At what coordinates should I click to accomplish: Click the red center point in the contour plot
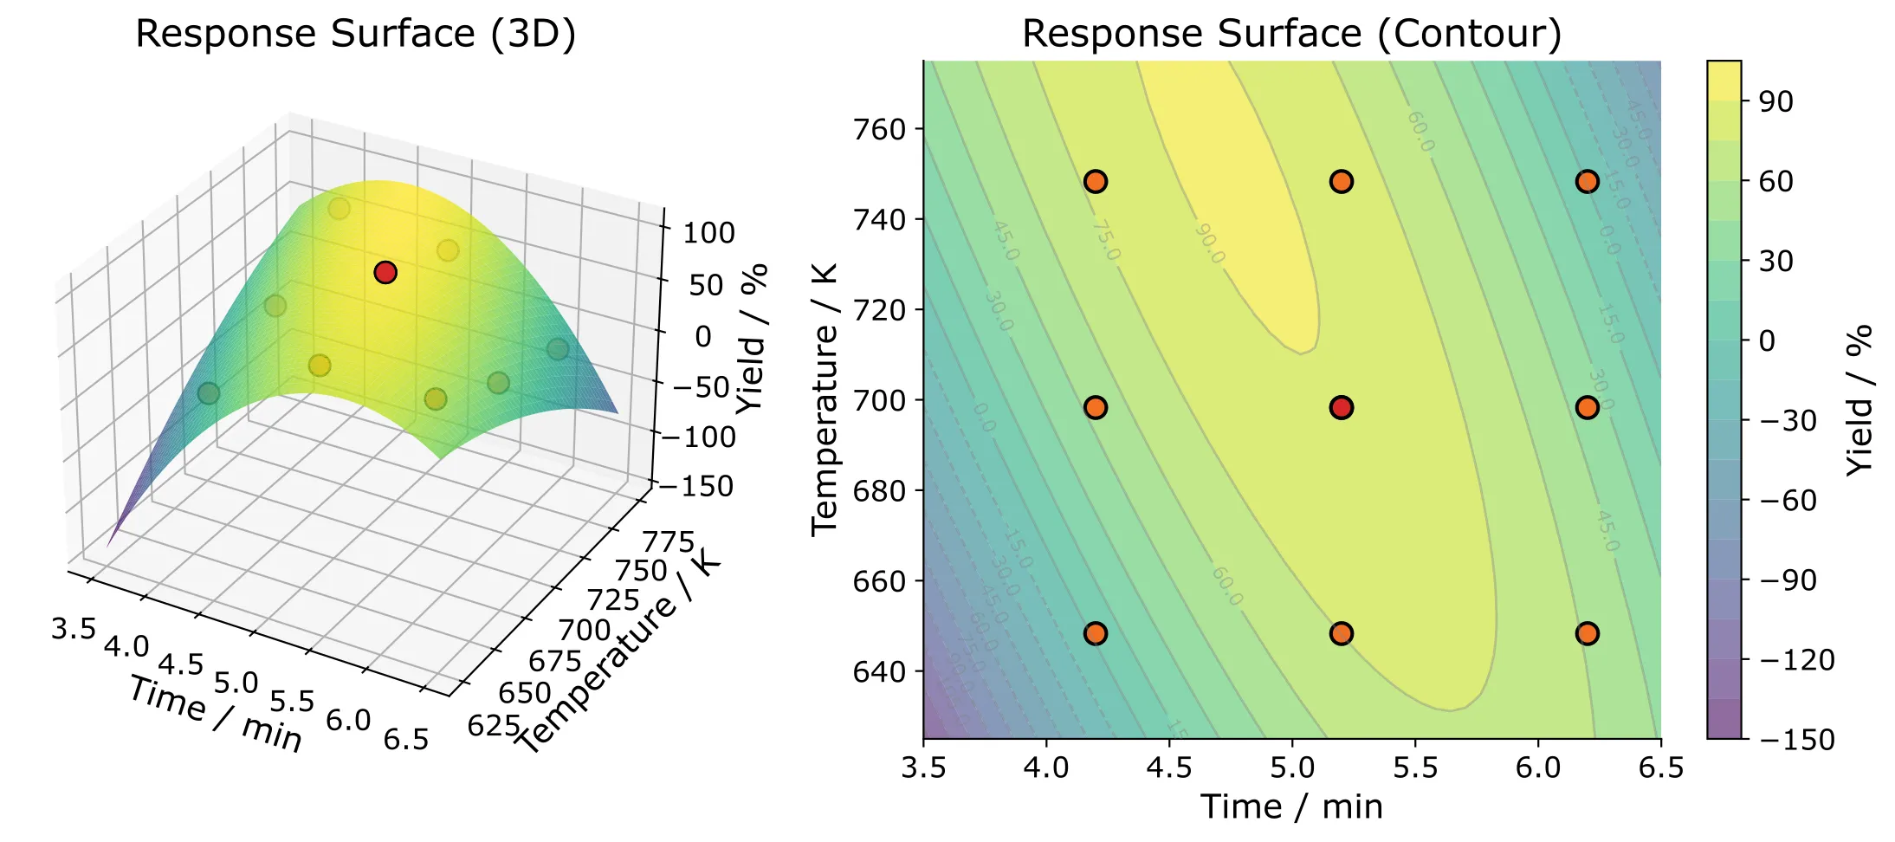click(x=1341, y=407)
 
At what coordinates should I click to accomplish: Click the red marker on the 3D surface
click(x=385, y=273)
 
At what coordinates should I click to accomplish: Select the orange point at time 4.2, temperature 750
click(x=1095, y=181)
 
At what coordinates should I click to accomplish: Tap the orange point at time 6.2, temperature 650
click(x=1587, y=633)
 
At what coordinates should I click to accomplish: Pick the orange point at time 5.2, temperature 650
click(x=1341, y=633)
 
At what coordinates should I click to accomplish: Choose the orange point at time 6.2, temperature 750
click(x=1587, y=181)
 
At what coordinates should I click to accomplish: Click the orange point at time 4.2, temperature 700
click(x=1095, y=407)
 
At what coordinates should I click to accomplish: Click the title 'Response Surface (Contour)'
click(x=1291, y=34)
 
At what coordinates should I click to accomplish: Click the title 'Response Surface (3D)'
click(x=355, y=34)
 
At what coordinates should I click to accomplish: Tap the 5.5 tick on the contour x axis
click(x=1415, y=768)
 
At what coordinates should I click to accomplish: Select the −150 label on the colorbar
click(x=1797, y=739)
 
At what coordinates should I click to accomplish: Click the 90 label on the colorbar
click(x=1775, y=101)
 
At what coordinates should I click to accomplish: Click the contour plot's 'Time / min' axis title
click(x=1291, y=806)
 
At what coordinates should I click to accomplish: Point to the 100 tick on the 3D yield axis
click(x=708, y=232)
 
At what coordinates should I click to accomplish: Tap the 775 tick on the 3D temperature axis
click(x=668, y=542)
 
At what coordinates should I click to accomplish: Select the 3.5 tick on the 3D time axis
click(x=73, y=628)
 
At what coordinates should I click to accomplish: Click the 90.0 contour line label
click(x=1209, y=244)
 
